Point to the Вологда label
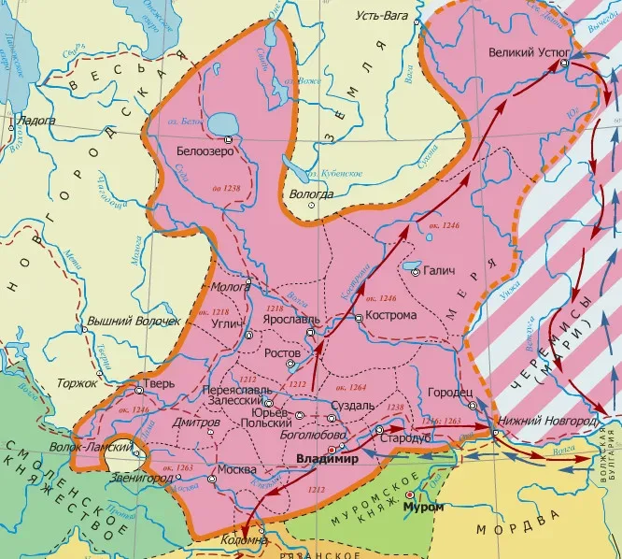[x=311, y=193]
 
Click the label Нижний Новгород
[x=549, y=421]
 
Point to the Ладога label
[x=35, y=121]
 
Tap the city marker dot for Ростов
[x=290, y=364]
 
